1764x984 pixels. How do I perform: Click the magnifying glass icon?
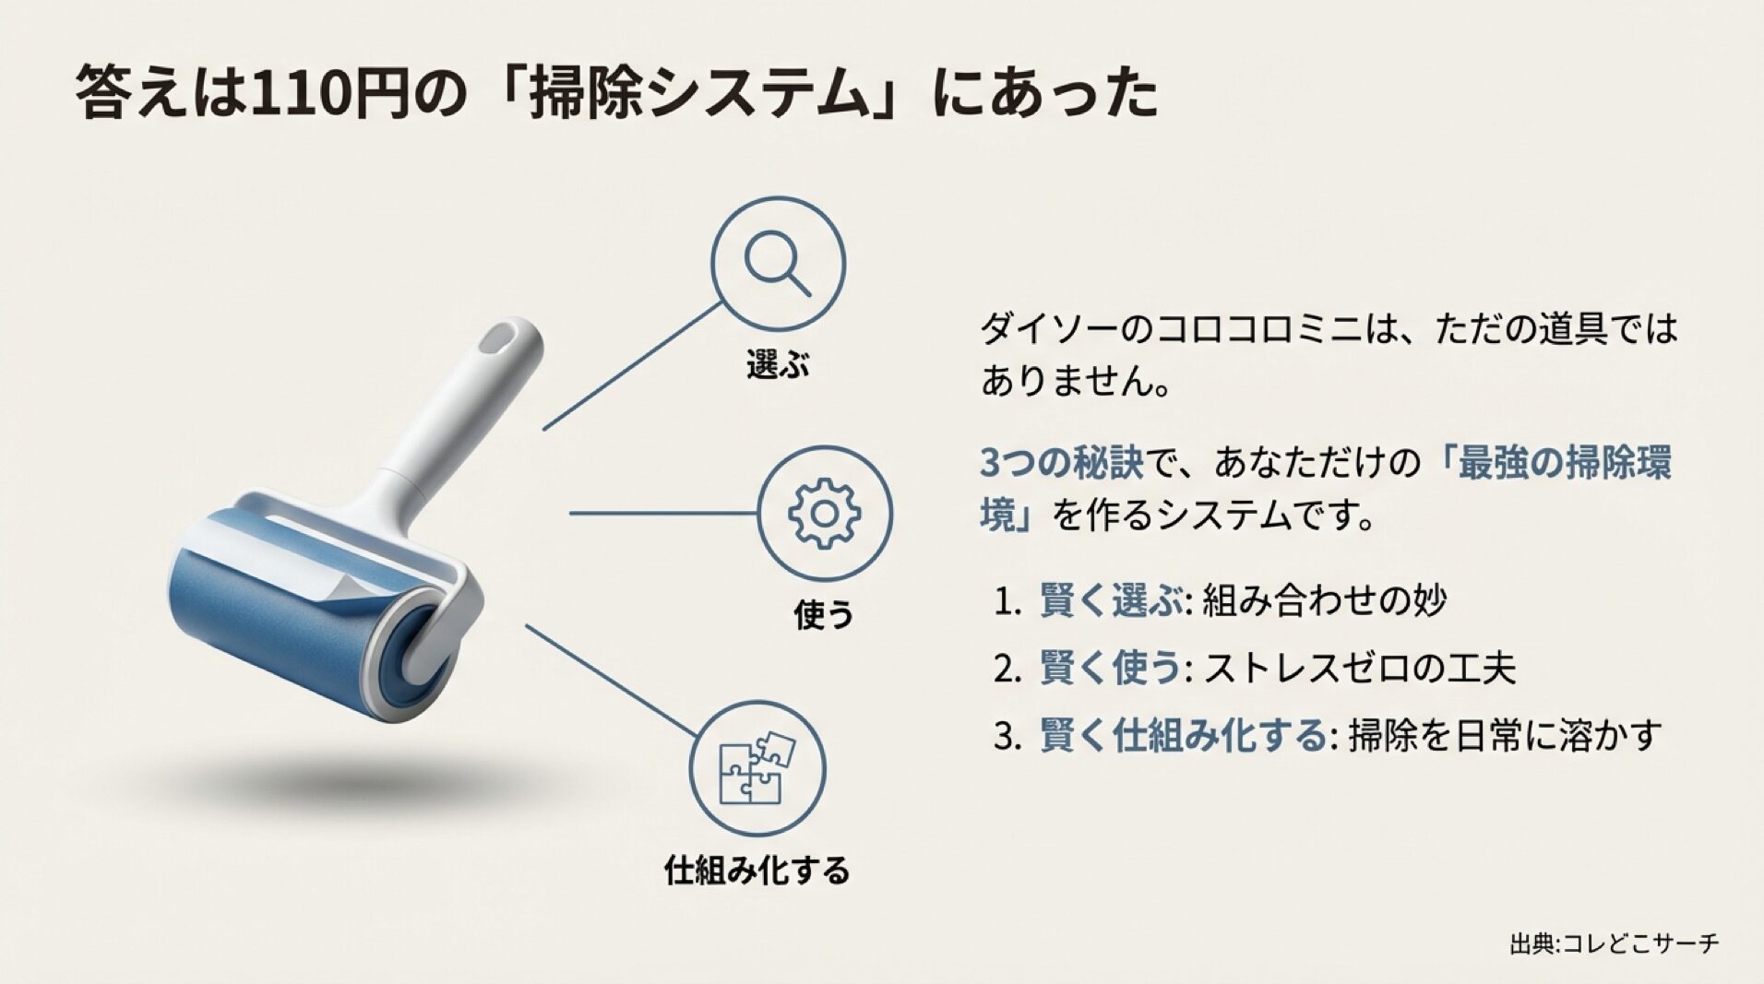[x=777, y=263]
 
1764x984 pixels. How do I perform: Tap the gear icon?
[x=824, y=513]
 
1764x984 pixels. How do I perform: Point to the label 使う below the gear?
[x=824, y=615]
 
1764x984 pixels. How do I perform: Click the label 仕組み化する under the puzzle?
[x=757, y=870]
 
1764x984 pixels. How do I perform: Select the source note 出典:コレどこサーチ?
[x=1614, y=944]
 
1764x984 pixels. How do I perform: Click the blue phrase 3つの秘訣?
[x=1061, y=464]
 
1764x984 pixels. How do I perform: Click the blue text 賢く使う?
[x=1111, y=669]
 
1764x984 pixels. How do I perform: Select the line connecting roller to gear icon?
[x=662, y=513]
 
